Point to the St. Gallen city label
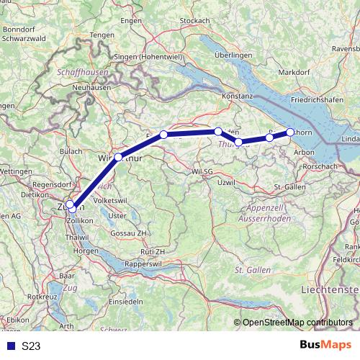pos(291,187)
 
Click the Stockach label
pos(194,21)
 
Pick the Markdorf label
pos(293,72)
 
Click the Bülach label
pos(71,152)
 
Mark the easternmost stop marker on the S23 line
pos(290,132)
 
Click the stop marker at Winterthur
pos(118,156)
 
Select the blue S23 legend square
pos(9,346)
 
